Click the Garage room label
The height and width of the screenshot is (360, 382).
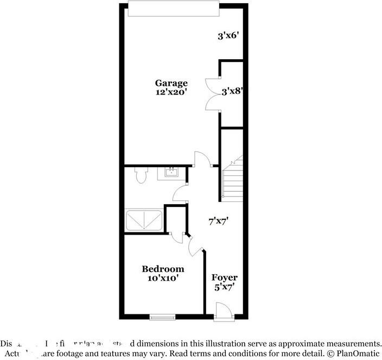(171, 83)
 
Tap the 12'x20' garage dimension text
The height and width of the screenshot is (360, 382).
(171, 92)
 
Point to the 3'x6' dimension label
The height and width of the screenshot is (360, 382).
(229, 36)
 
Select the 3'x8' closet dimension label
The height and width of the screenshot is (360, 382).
(232, 92)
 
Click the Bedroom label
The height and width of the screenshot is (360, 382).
(163, 269)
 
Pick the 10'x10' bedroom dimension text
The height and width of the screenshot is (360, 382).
(163, 278)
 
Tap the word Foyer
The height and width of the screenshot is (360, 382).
(225, 277)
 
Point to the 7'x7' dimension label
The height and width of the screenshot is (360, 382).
(219, 221)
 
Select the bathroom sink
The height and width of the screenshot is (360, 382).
(171, 173)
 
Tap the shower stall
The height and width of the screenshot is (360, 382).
(144, 220)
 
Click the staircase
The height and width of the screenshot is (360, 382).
(232, 179)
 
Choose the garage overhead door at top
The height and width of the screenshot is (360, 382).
(174, 9)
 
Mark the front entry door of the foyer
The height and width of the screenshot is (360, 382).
(223, 312)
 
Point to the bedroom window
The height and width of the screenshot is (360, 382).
(163, 316)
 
